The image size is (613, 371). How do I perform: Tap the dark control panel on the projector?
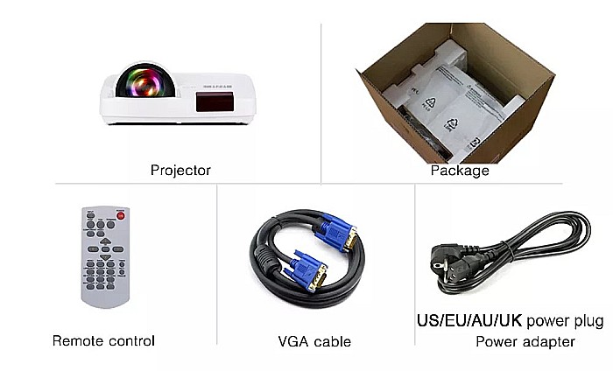(x=214, y=103)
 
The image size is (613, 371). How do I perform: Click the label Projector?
(x=180, y=171)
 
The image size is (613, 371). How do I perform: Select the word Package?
(x=459, y=171)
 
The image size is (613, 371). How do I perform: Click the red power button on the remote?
(x=121, y=215)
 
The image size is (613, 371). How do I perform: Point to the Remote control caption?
(x=103, y=340)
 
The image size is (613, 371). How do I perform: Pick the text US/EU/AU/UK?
(x=470, y=319)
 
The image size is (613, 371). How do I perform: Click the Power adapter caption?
(x=525, y=341)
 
